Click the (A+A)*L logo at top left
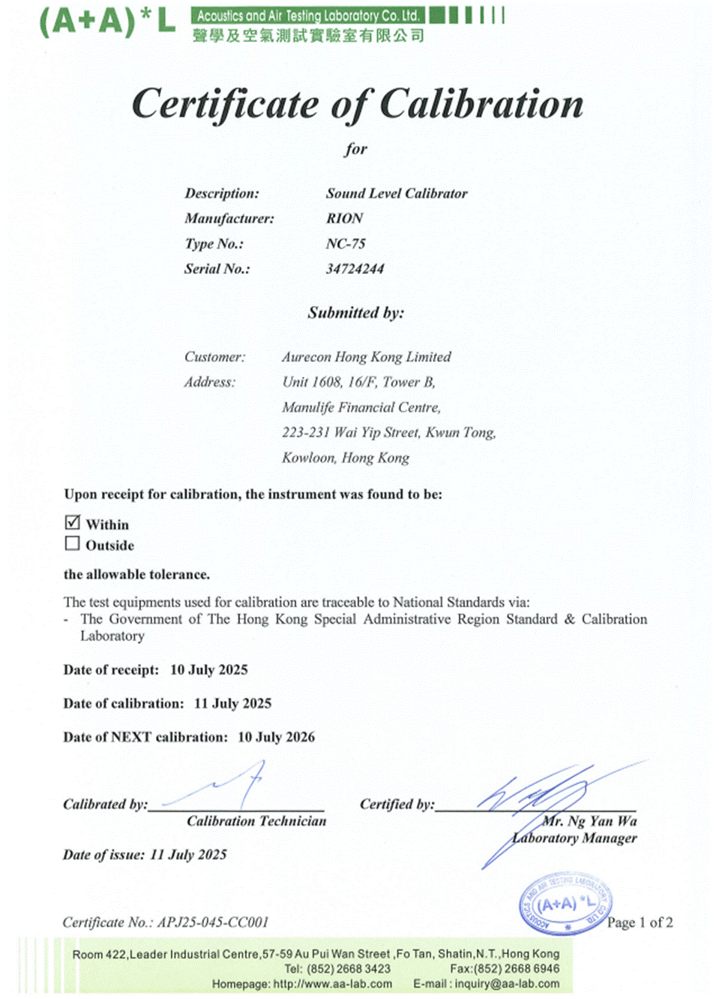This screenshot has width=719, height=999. point(107,22)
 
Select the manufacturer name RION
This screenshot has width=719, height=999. point(344,218)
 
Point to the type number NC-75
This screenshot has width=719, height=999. point(346,244)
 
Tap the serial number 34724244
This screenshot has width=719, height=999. point(355,269)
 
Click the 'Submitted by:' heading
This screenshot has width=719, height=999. point(355,313)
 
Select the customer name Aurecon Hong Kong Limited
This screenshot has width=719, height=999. point(366,357)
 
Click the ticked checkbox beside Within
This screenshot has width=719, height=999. point(73,522)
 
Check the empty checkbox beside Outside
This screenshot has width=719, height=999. point(73,543)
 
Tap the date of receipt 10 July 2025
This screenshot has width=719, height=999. point(208,670)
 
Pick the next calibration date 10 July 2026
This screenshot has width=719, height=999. point(276,737)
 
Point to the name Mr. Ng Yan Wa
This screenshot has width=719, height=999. point(589,821)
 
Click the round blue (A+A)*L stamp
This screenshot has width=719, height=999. point(565,904)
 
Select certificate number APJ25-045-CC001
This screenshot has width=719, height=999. point(212,922)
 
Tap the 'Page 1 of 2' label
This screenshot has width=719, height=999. point(640,922)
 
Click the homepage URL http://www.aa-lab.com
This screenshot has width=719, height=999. point(332,984)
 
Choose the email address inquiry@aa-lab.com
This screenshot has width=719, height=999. point(507,984)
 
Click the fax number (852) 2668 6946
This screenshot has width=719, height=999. point(517,969)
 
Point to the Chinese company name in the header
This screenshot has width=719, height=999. point(308,35)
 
